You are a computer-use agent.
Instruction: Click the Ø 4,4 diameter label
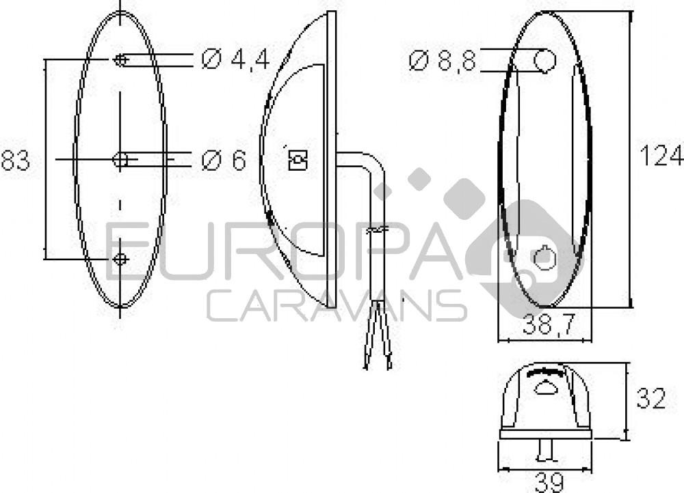236,60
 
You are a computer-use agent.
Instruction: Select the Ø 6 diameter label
224,161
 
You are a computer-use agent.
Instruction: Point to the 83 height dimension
15,161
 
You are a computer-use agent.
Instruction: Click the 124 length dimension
661,156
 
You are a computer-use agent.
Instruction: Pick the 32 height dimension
650,399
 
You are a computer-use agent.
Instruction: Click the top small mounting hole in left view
120,60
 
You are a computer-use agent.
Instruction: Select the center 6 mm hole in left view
120,160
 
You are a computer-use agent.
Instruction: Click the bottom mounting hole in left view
120,259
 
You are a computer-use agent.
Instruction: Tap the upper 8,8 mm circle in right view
545,61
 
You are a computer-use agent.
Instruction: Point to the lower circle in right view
545,259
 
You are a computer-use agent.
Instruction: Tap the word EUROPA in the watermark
287,253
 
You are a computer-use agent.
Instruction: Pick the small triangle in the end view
545,389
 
